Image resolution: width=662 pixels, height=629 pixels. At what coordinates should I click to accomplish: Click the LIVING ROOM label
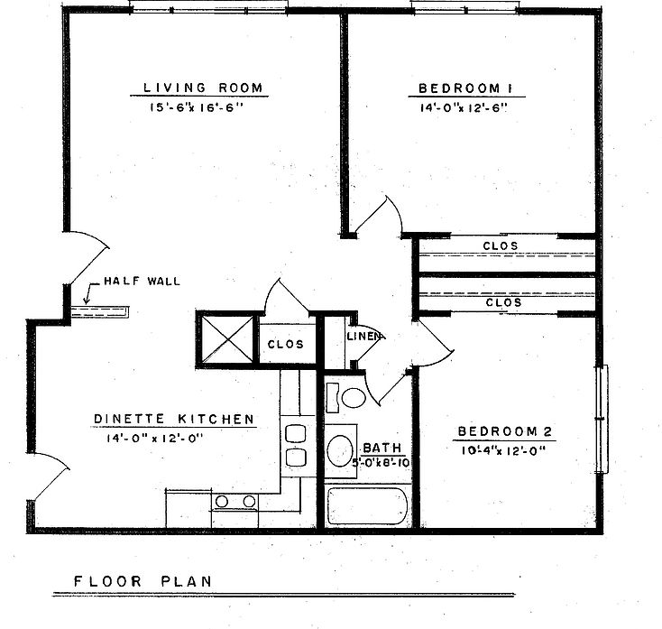tap(203, 88)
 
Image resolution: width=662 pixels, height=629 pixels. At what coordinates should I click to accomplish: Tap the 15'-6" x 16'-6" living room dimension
tap(203, 106)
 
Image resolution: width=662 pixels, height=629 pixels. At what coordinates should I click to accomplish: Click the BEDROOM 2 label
tap(501, 430)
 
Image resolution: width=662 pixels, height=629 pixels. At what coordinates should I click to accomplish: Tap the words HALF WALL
tap(142, 281)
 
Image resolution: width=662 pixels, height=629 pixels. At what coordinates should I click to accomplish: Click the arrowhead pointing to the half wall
tap(87, 295)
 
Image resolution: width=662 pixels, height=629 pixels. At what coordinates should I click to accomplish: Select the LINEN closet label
tap(364, 337)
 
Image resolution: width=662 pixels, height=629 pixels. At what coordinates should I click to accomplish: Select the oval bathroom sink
tap(341, 449)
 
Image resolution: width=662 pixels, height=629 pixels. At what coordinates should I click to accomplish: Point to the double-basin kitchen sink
tap(295, 444)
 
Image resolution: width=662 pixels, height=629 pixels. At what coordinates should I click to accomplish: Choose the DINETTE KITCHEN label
tap(173, 419)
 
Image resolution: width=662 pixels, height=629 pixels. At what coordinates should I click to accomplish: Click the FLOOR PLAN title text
tap(143, 580)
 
